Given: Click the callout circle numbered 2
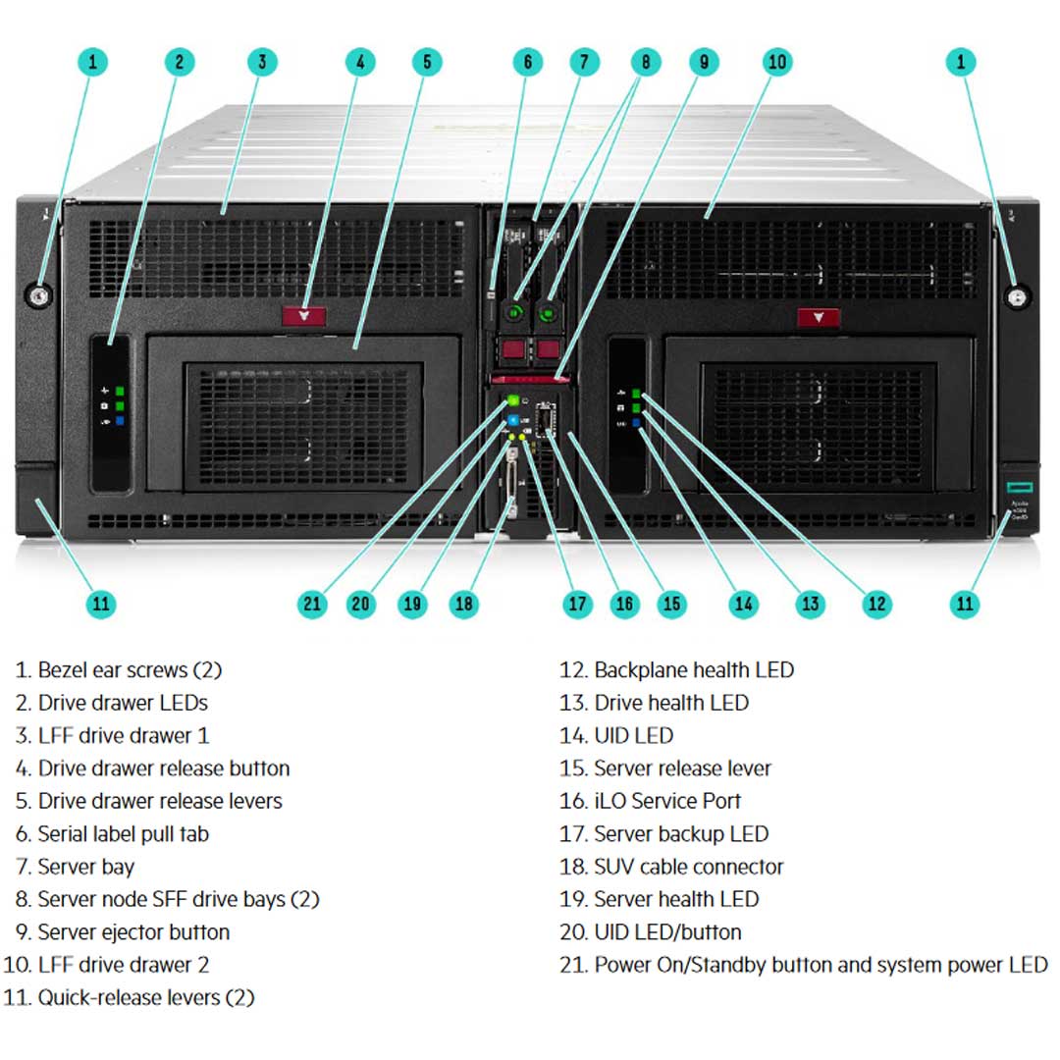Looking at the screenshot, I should [x=179, y=62].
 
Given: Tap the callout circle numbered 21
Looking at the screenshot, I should [x=312, y=603].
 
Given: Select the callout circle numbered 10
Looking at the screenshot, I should [x=776, y=62].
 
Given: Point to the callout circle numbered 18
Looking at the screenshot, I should [x=463, y=603].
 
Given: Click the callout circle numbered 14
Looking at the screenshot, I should [x=744, y=603].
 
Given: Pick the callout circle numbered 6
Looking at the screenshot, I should [x=527, y=62].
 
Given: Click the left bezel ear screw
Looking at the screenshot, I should [x=41, y=294].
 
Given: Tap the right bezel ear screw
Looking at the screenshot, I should [x=1018, y=295].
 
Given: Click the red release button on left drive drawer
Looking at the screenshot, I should [x=304, y=316].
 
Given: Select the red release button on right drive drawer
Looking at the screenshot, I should [x=819, y=317].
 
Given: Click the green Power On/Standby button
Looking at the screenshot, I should [x=512, y=400].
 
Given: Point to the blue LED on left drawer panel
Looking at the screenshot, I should [x=121, y=421].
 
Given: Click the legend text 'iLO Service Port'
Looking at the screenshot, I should [x=667, y=801].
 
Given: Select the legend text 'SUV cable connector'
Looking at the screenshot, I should [x=689, y=867].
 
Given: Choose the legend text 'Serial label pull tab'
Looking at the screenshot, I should [x=123, y=834].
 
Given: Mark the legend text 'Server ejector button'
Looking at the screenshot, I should [x=133, y=932].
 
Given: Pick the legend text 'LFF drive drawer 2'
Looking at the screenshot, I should [x=123, y=965].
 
